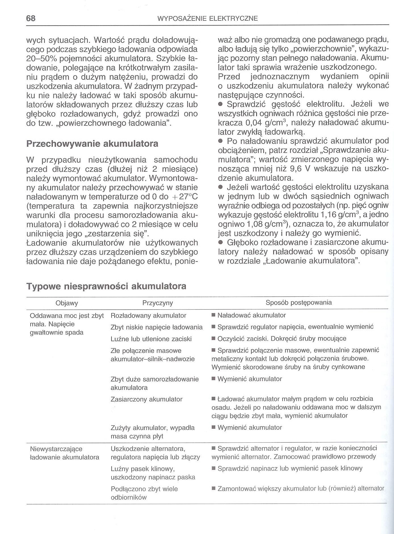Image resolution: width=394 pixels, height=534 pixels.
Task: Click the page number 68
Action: [31, 18]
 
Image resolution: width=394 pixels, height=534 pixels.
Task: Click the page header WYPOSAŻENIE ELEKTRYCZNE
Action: [207, 19]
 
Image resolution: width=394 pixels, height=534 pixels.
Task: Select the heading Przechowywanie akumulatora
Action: [92, 144]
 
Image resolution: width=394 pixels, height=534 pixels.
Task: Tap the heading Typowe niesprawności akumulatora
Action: [106, 286]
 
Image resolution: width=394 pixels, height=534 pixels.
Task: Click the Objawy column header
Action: [67, 303]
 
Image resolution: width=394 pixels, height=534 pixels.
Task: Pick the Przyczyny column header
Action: [157, 303]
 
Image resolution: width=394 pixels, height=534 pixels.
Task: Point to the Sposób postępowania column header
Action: [298, 303]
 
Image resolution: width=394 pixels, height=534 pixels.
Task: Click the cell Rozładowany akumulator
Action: [148, 315]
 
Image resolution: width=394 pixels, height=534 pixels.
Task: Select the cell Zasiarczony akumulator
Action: [146, 399]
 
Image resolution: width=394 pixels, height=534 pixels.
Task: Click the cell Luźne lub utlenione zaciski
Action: [151, 339]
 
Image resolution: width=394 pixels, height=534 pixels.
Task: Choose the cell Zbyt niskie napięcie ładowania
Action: [157, 327]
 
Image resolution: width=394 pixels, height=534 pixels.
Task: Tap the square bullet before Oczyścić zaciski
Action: [214, 339]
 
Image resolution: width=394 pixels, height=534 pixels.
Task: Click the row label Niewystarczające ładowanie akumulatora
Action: [64, 453]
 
